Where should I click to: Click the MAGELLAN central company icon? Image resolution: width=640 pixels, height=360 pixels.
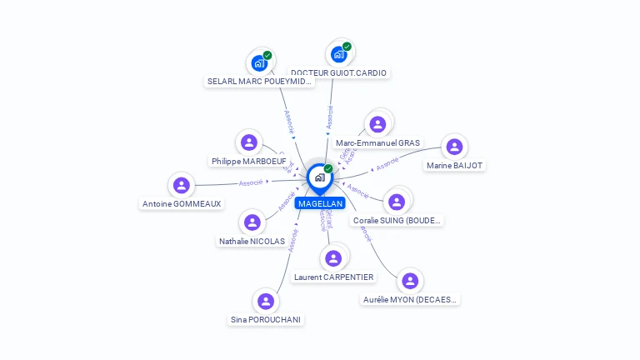[318, 177]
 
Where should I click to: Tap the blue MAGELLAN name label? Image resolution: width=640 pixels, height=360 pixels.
[319, 203]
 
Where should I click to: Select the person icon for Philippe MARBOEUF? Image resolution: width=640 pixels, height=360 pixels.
[248, 142]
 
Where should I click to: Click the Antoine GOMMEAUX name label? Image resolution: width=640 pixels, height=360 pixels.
[182, 203]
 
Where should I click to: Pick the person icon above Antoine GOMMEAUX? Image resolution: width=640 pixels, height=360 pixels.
[182, 185]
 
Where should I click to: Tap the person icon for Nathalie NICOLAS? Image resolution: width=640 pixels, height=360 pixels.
[252, 222]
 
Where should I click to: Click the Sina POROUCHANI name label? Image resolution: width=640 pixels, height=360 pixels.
[266, 319]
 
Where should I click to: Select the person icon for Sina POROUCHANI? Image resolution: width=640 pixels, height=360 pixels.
[266, 301]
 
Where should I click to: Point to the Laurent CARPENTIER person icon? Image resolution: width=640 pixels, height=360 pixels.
[333, 258]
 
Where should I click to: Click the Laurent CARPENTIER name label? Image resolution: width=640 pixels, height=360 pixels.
[334, 277]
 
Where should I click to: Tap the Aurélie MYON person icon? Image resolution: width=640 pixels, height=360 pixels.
[410, 281]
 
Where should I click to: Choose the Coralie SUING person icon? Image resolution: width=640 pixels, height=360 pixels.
[397, 202]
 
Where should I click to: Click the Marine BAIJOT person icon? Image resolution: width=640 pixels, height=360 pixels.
[454, 147]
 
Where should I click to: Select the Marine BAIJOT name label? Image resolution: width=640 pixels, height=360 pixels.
[454, 165]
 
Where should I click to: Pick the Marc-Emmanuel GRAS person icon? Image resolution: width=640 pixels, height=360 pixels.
[377, 124]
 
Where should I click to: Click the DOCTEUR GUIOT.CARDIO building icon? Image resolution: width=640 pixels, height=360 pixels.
[338, 54]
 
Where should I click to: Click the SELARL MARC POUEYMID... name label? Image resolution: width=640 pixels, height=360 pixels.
[259, 82]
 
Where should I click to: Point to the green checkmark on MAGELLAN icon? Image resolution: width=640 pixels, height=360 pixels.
[328, 168]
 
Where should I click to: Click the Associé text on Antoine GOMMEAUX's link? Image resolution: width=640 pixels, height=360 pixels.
[251, 182]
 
